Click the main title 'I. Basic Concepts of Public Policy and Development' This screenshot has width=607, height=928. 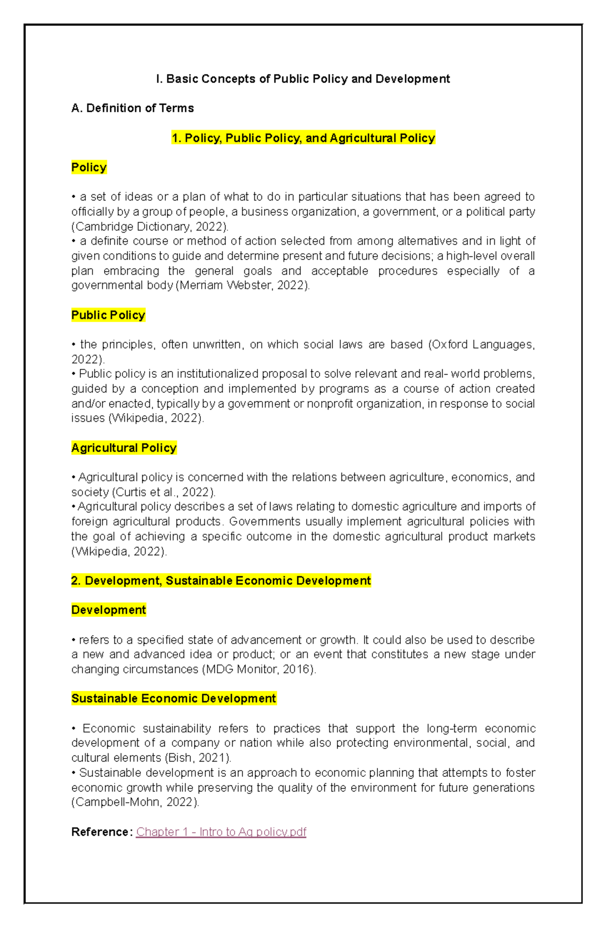[302, 79]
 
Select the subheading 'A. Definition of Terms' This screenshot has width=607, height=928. [133, 108]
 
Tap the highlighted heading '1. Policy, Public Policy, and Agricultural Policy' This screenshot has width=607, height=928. [303, 138]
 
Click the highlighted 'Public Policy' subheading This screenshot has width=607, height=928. [108, 315]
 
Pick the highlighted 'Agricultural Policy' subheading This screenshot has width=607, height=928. [124, 448]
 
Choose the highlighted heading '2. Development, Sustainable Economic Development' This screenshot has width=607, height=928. [221, 581]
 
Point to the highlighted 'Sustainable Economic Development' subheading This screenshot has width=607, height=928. [174, 698]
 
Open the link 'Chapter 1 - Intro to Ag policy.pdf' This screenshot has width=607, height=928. [221, 832]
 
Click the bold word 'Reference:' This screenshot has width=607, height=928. [102, 832]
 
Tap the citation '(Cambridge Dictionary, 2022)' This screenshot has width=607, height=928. [150, 226]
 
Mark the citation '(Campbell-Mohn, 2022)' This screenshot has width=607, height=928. [135, 802]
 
